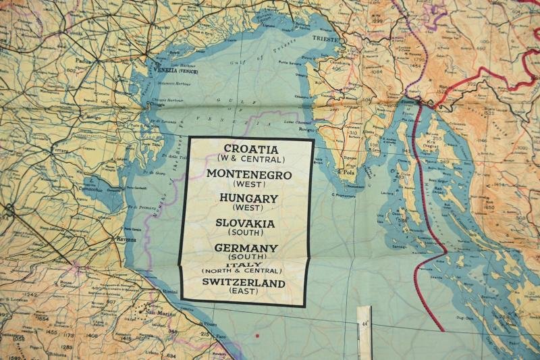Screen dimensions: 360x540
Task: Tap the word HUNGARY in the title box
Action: pos(248,198)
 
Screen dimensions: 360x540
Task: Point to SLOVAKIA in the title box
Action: pos(245,223)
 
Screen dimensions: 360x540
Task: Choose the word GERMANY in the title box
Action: pos(246,248)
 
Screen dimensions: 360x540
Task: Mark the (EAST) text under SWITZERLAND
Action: pos(244,292)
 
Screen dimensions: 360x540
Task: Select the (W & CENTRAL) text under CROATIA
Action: pos(250,159)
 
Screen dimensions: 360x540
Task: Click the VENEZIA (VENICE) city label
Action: pos(178,70)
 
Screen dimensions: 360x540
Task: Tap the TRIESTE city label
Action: pos(325,39)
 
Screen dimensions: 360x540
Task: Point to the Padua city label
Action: pos(82,60)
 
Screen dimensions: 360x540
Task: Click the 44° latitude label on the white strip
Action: pos(364,324)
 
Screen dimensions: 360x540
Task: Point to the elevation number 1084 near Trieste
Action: pos(376,72)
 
